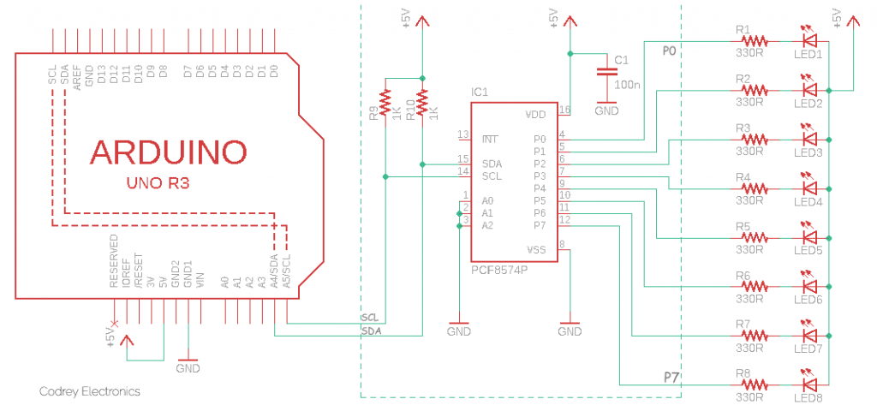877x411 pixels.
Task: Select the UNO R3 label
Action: pos(159,183)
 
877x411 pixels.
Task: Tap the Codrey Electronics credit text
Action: pos(90,391)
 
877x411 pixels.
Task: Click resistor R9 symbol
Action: pos(385,103)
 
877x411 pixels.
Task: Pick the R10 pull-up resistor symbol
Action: pos(421,103)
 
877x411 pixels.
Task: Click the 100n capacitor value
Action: pos(628,86)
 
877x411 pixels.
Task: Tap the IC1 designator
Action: pos(480,92)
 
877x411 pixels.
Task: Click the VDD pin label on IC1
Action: pos(535,114)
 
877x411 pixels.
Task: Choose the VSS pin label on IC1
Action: pos(536,249)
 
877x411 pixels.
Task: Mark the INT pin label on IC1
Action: pos(490,139)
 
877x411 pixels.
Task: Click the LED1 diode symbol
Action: pos(808,39)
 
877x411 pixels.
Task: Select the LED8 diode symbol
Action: pos(808,384)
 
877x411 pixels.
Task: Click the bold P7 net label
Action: pos(671,377)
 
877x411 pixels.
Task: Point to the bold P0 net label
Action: pos(670,52)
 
